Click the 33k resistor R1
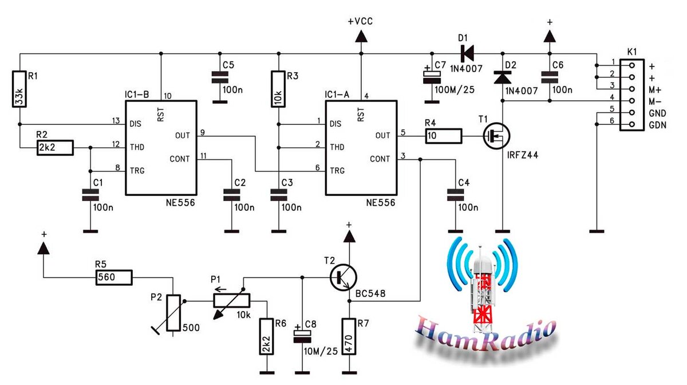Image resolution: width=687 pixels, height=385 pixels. [x=19, y=89]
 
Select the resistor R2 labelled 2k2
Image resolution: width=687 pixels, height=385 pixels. [x=55, y=148]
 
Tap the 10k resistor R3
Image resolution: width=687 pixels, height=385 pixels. [x=278, y=89]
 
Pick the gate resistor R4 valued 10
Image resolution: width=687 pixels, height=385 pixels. [x=444, y=136]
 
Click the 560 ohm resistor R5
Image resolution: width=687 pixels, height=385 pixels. [x=114, y=277]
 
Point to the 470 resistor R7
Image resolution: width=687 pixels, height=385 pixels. [x=349, y=337]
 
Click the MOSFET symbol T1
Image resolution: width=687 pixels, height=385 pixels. [x=496, y=136]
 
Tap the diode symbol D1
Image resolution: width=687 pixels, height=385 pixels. [x=467, y=54]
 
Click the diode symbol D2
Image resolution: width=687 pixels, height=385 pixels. [x=503, y=77]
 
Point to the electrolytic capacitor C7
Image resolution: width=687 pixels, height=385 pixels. [x=432, y=77]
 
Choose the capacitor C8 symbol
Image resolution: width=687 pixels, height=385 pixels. [x=302, y=336]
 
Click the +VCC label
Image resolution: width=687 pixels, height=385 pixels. [x=360, y=21]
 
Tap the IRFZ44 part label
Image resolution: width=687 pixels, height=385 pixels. [x=522, y=155]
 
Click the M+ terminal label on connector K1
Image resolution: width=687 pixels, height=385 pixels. [x=655, y=90]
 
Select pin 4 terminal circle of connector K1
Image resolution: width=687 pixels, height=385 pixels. [x=632, y=101]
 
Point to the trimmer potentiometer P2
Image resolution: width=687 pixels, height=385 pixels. [x=173, y=313]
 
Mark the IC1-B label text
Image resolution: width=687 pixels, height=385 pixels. [x=136, y=95]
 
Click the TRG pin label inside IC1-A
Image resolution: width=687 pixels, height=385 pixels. [x=337, y=171]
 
